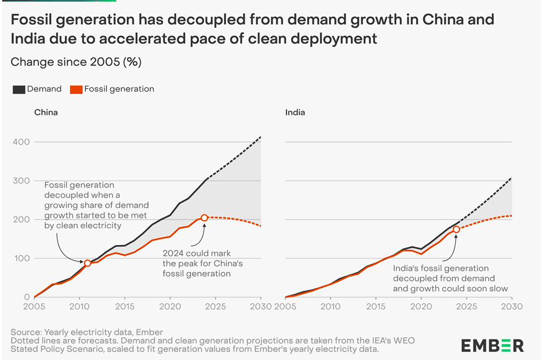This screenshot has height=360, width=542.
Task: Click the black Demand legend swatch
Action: [x=18, y=89]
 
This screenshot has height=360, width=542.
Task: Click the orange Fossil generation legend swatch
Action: [x=76, y=89]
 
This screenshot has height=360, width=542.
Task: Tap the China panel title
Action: [x=46, y=112]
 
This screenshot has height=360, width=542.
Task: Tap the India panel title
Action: [x=295, y=112]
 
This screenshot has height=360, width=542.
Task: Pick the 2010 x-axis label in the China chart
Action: [x=79, y=306]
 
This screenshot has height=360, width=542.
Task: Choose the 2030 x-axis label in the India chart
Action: [x=511, y=306]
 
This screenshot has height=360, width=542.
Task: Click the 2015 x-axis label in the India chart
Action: [x=376, y=306]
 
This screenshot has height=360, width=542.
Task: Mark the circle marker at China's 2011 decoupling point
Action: [x=88, y=263]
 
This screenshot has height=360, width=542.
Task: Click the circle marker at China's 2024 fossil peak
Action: [x=204, y=217]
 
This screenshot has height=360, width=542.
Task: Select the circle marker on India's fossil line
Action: [x=457, y=229]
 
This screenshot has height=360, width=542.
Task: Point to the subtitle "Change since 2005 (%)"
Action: [x=76, y=62]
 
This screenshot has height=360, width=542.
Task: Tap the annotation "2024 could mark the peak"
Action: [x=197, y=254]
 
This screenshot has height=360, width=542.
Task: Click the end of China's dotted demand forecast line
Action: [x=261, y=137]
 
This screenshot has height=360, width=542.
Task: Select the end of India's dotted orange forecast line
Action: [x=511, y=215]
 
